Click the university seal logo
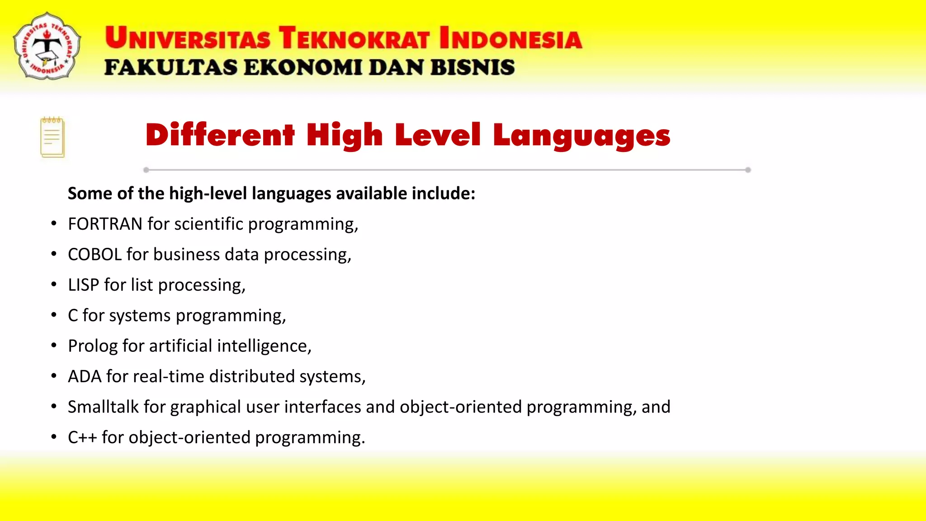click(x=47, y=46)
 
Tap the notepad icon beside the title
click(x=52, y=137)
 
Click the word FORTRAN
click(x=105, y=224)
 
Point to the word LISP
click(x=83, y=285)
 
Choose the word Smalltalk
click(x=103, y=407)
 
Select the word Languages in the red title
click(x=581, y=136)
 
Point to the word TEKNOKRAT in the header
click(x=354, y=38)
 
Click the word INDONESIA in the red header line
click(x=510, y=38)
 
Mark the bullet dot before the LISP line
click(x=54, y=284)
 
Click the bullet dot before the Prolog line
click(x=54, y=346)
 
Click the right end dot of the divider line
click(x=748, y=170)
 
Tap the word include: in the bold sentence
click(x=443, y=194)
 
